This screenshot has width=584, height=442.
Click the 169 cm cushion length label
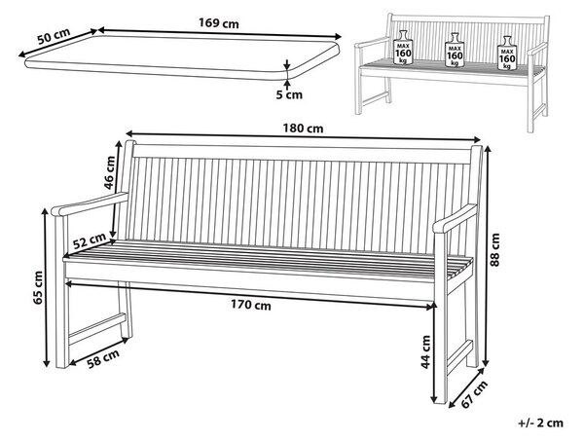tap(219, 23)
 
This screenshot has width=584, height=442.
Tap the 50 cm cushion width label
tap(54, 36)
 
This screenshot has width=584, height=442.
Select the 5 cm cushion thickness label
tap(289, 94)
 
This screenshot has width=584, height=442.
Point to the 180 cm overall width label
tap(303, 129)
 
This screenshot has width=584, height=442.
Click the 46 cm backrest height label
tap(111, 172)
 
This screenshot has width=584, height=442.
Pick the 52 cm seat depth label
tap(90, 241)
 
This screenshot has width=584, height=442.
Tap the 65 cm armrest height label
tap(38, 288)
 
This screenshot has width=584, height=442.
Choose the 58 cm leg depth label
tap(103, 358)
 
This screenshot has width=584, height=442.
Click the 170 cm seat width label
tap(251, 306)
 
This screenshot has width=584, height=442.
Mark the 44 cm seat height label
tap(425, 352)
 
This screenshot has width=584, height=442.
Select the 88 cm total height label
tap(494, 250)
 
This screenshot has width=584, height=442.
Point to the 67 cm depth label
tap(474, 394)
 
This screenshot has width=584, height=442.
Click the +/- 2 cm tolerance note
tap(541, 423)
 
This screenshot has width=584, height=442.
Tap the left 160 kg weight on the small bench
tap(403, 48)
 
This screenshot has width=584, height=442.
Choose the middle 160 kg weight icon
tap(455, 50)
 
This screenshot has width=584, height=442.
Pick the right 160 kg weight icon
tap(507, 53)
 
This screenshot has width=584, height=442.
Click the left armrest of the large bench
tap(90, 203)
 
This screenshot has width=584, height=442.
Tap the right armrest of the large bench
tap(455, 218)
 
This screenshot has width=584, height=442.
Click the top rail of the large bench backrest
tap(302, 154)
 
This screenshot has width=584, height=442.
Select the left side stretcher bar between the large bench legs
tap(97, 328)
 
